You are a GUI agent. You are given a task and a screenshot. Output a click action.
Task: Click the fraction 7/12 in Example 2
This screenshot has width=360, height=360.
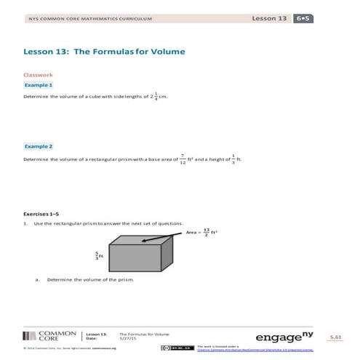182,158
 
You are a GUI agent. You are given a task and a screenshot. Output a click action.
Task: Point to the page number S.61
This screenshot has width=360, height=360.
335,338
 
